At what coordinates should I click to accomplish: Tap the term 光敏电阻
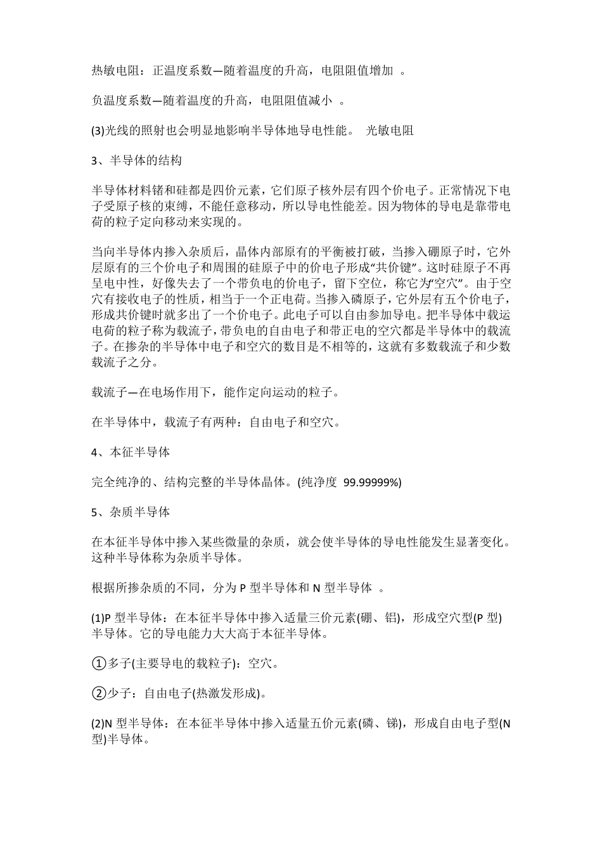click(x=390, y=131)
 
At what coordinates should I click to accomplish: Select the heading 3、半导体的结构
click(x=137, y=161)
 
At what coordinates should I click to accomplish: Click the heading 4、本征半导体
click(x=131, y=453)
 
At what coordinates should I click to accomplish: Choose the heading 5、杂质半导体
click(x=131, y=512)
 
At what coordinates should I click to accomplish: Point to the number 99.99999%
click(x=373, y=483)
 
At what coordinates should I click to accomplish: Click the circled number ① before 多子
click(x=99, y=663)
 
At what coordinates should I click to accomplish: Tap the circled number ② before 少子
click(x=99, y=693)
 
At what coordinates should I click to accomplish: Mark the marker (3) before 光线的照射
click(x=98, y=131)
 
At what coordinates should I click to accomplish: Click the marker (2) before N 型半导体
click(x=98, y=723)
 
